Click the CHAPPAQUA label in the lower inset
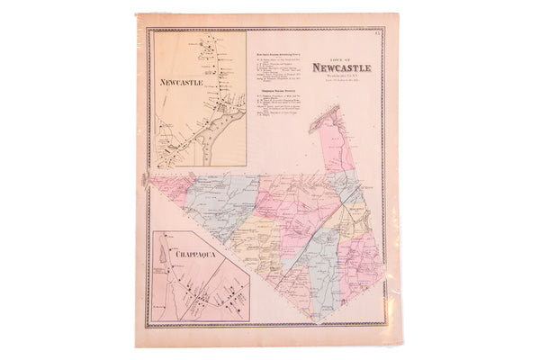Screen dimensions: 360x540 (x=184, y=255)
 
